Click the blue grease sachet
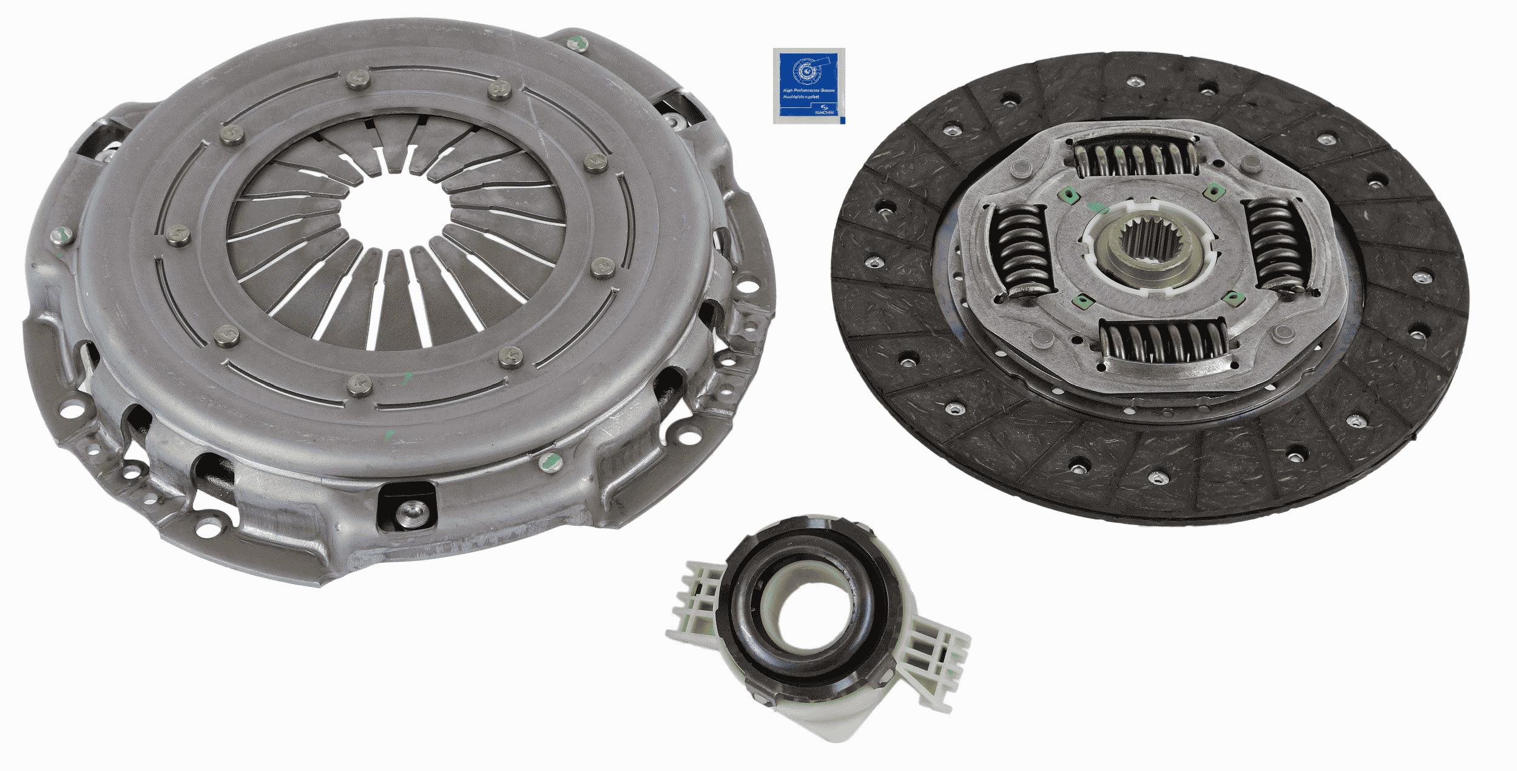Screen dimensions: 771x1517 click(808, 86)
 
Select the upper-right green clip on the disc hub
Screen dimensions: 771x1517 click(1211, 193)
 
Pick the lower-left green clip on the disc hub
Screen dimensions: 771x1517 click(1080, 299)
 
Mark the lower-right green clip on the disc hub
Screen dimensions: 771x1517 click(1231, 297)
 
